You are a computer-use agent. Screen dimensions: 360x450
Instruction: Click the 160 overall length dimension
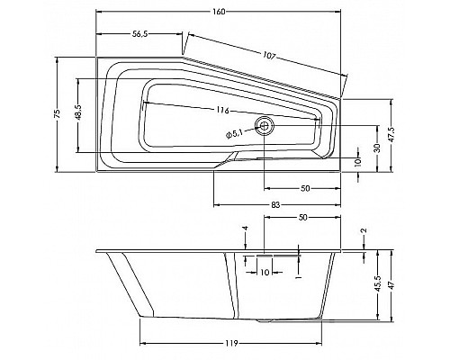[220, 12]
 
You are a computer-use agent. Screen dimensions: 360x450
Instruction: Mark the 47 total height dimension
[392, 283]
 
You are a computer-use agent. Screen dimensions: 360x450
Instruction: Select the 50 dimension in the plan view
[305, 188]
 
